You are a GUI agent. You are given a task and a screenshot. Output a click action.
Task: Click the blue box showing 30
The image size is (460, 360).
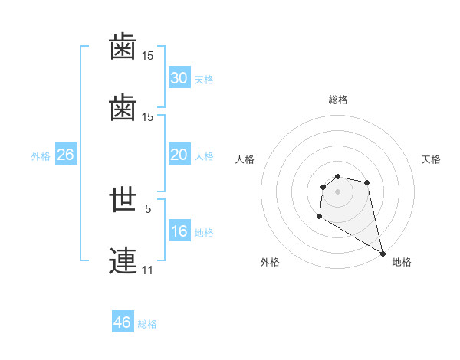coord(179,78)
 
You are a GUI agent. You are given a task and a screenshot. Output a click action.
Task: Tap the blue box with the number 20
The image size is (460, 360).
coord(179,155)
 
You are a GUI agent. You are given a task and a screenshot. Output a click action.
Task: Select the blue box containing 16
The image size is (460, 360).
coord(179,231)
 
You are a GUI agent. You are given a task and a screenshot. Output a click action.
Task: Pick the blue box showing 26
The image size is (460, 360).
coord(65,155)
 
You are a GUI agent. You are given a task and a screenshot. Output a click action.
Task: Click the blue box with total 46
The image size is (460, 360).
coord(122,322)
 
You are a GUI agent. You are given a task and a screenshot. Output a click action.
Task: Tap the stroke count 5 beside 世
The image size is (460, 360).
coord(148,208)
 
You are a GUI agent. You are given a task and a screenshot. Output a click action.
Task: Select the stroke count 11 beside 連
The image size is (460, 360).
coord(147,270)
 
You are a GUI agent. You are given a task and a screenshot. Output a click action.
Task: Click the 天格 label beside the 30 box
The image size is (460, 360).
coord(203,80)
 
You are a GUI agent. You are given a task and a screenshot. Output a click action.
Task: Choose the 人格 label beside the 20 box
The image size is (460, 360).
coord(203,156)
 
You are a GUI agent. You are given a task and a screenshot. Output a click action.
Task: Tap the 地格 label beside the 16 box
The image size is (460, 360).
coord(203,233)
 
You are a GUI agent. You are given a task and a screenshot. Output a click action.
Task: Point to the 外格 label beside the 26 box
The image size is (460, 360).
coord(41,156)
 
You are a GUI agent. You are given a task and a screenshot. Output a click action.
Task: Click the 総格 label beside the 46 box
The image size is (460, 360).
coord(147,324)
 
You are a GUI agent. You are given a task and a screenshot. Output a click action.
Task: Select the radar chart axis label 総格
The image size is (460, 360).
coord(338,100)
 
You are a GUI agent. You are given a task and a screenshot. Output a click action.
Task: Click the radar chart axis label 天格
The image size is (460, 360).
coord(431,159)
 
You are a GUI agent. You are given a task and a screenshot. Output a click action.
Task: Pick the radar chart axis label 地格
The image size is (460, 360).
coord(402,262)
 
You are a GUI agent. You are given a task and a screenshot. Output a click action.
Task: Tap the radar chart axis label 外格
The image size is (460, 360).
coord(270,262)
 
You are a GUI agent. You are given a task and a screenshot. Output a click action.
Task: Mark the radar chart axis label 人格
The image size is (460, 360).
coord(245,159)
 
